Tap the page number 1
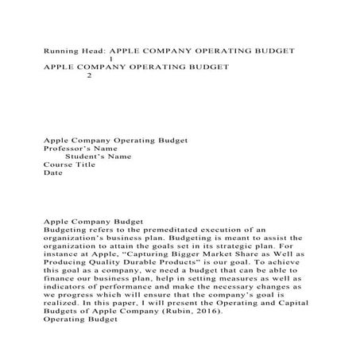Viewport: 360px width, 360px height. click(x=110, y=59)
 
